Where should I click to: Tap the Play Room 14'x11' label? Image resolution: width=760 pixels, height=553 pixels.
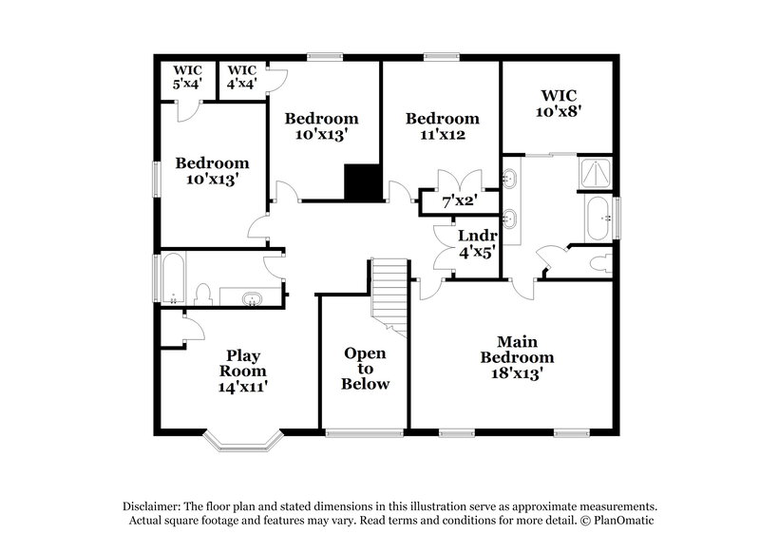[x=243, y=371]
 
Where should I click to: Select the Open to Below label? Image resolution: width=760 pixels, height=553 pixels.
[x=366, y=369]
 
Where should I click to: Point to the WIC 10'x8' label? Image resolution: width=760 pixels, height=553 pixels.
[x=560, y=103]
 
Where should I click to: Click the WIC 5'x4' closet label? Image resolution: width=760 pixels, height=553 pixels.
[x=187, y=77]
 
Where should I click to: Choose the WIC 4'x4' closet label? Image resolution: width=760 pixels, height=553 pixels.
[x=242, y=77]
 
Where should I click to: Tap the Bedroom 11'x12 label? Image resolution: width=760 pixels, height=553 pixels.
[x=442, y=126]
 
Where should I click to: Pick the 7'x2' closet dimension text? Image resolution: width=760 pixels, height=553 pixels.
[x=460, y=201]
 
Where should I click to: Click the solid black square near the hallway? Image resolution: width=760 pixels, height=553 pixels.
[x=362, y=182]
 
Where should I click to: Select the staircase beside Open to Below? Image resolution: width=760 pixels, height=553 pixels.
[x=388, y=295]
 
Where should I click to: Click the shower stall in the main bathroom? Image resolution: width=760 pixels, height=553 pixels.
[x=597, y=173]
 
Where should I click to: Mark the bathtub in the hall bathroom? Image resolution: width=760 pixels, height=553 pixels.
[x=173, y=277]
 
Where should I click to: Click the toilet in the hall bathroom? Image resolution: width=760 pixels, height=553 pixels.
[x=202, y=294]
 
